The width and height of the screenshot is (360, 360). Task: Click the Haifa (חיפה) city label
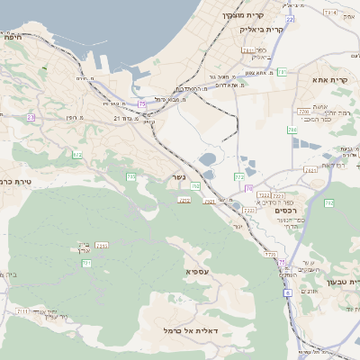(x=13, y=37)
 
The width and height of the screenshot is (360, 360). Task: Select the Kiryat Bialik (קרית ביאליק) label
(x=262, y=30)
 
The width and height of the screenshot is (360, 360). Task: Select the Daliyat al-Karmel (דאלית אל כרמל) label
(x=186, y=331)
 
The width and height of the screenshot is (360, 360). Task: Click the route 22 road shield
(x=290, y=19)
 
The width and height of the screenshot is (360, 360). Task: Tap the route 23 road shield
(x=31, y=118)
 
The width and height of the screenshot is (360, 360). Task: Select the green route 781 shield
(x=281, y=72)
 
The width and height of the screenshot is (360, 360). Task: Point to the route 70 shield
(x=249, y=188)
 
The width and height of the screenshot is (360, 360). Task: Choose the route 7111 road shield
(x=21, y=310)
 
